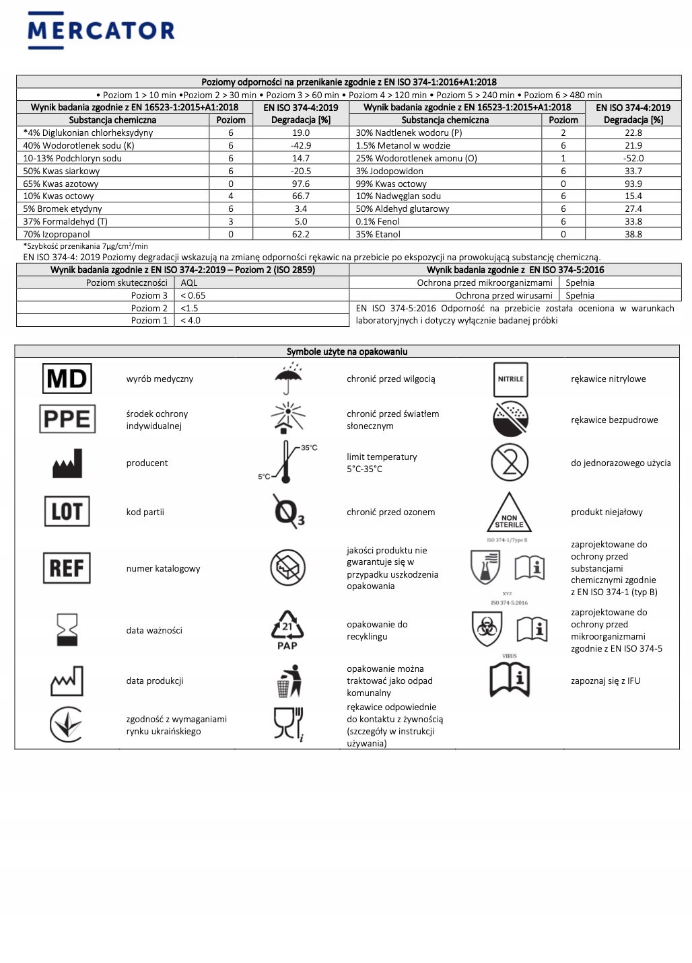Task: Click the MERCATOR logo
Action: point(101,30)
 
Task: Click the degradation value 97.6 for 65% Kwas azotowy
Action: point(301,184)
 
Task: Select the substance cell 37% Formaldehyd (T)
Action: point(65,221)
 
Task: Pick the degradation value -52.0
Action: point(633,158)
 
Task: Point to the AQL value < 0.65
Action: point(193,295)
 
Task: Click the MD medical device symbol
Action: point(67,379)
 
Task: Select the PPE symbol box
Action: point(67,419)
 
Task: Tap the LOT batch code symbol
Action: point(67,511)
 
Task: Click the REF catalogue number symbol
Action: point(67,568)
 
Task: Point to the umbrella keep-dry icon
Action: point(288,379)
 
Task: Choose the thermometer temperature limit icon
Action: point(287,462)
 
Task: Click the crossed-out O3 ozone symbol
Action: point(288,511)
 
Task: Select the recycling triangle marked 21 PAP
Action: point(287,629)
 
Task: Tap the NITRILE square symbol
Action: point(510,379)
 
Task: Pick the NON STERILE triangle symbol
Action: point(509,513)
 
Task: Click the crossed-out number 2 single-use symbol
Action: point(510,462)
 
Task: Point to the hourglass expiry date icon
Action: point(67,629)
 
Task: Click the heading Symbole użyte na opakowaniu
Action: point(347,352)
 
